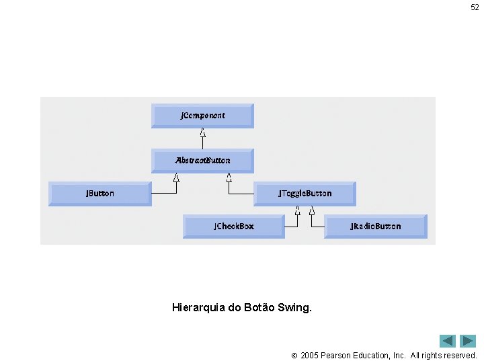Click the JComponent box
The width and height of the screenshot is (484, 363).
202,116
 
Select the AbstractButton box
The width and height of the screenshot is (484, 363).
202,161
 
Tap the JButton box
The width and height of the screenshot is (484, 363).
100,194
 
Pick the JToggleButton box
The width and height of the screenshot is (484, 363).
305,194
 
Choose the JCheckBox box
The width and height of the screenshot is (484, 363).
234,227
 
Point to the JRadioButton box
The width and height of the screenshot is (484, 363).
375,227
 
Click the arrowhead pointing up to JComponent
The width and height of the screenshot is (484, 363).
202,132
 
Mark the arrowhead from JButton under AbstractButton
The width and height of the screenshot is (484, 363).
177,178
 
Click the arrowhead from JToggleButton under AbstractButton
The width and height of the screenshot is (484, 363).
229,178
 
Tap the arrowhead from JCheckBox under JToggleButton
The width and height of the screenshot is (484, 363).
298,210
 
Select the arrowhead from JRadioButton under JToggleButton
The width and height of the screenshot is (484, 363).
312,210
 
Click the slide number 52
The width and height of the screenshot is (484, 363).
475,7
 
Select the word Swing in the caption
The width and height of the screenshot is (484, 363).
296,309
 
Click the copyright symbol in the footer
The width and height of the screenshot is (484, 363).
294,356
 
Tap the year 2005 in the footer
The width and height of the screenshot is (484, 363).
310,355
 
